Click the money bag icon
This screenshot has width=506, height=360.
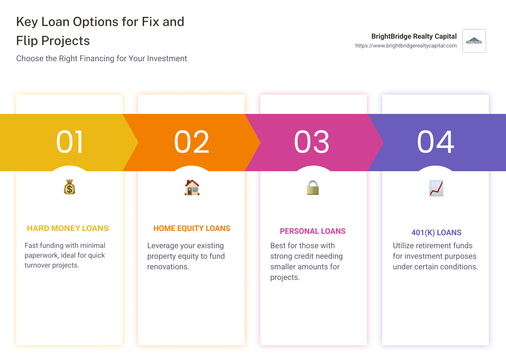point(70,187)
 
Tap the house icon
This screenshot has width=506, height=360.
point(192,187)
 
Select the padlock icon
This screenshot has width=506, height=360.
point(312,188)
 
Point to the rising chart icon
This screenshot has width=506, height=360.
point(436,188)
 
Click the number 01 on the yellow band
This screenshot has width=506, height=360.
point(70,142)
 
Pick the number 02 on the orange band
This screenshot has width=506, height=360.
point(192,142)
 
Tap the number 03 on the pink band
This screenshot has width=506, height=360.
point(312,142)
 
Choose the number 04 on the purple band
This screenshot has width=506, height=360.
point(436,142)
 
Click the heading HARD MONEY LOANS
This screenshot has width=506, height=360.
point(68,229)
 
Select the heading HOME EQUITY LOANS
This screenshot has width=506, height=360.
point(192,229)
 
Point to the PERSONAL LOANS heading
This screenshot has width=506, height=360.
point(313,231)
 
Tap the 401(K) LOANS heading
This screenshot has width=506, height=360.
point(436,233)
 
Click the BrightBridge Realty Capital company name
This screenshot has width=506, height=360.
point(414,36)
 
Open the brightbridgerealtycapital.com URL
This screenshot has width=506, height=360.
point(406,46)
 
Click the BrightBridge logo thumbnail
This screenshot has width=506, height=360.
point(474,41)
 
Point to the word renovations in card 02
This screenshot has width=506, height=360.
point(168,267)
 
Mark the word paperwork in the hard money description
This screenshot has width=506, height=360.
point(41,256)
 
